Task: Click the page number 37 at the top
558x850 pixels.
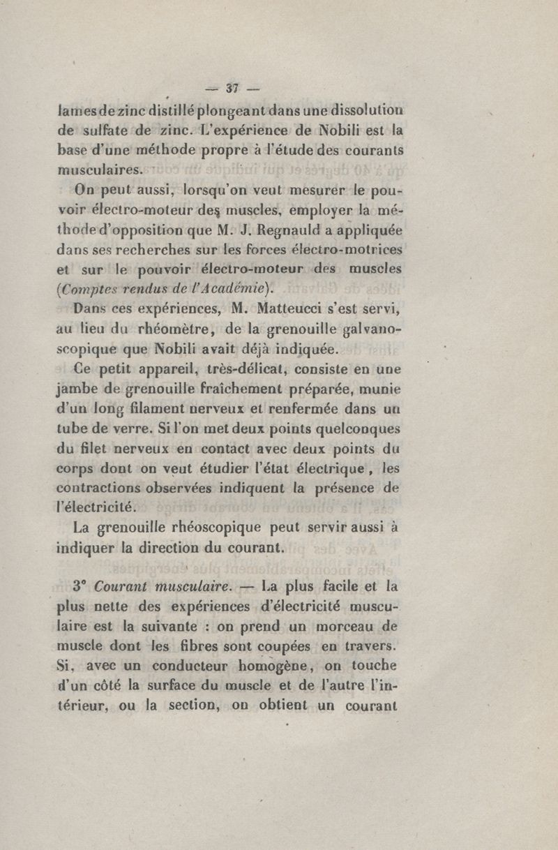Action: coord(233,88)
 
